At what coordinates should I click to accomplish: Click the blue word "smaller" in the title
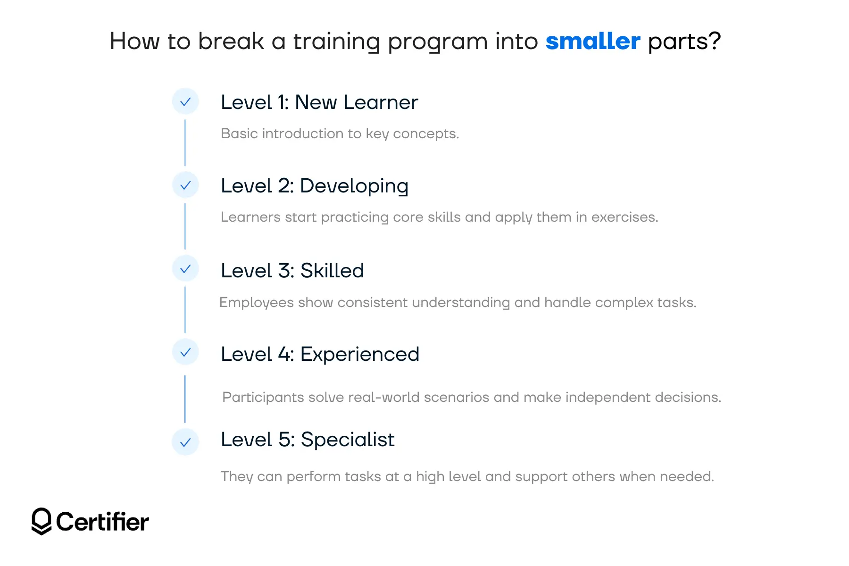592,42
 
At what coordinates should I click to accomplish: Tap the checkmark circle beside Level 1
185,101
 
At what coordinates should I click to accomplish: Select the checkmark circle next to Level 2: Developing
185,185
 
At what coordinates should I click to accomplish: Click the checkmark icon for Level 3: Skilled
185,269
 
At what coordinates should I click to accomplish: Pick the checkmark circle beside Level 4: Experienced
185,352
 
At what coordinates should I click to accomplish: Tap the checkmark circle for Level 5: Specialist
185,442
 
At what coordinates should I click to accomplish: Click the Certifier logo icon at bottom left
42,521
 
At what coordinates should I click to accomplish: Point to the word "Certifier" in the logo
102,522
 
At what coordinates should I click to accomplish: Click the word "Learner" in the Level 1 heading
381,102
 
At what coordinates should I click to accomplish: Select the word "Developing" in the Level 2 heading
354,186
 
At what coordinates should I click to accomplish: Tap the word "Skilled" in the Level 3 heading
332,271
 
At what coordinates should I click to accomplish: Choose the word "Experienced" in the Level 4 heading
359,354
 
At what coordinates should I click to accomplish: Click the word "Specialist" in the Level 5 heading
348,440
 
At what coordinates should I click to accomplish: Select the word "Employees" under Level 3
257,302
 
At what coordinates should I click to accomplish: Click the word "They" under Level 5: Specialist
237,476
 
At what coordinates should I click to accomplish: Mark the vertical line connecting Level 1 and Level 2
185,143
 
